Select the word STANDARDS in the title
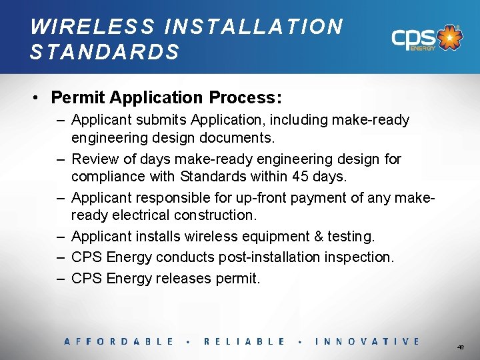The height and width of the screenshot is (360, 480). pos(105,52)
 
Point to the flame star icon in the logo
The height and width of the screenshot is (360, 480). pos(451,37)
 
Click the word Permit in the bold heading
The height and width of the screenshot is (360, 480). pos(79,97)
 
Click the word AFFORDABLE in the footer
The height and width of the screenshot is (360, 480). pos(119,341)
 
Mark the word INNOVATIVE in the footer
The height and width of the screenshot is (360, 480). pos(367,341)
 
